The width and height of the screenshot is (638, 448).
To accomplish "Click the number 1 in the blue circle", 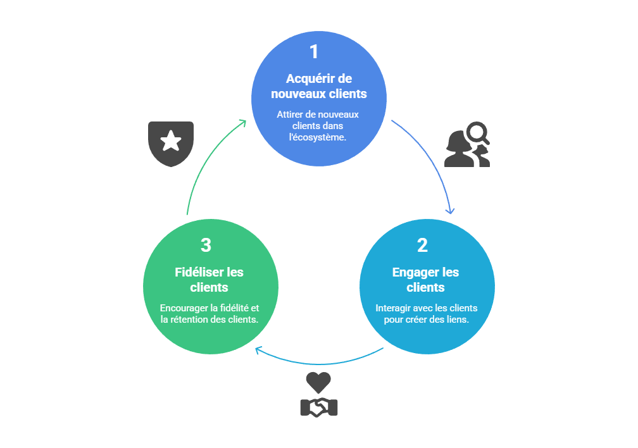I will (x=314, y=52).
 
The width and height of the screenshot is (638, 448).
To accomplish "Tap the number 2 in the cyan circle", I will (x=422, y=246).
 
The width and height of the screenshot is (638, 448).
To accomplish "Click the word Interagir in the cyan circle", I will (x=393, y=308).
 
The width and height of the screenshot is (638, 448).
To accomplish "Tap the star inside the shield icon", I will (x=171, y=142).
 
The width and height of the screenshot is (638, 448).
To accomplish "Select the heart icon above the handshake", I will (x=318, y=382).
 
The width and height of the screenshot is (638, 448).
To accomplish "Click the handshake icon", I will (x=318, y=407).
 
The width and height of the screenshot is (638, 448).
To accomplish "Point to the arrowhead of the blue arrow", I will (x=451, y=211).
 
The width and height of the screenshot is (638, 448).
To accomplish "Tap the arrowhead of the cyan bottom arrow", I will (x=258, y=349).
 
